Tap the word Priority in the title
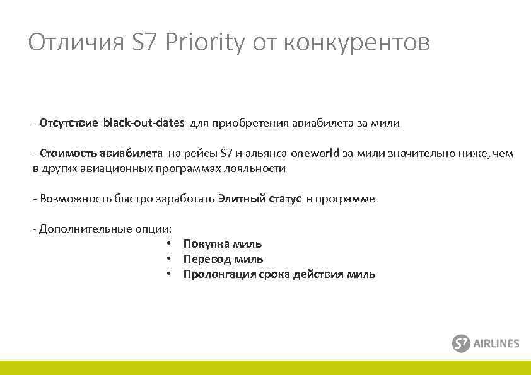(203, 43)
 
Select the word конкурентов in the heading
(357, 43)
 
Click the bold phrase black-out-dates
(144, 123)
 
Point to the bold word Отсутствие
(68, 123)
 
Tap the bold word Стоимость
(65, 153)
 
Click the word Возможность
(75, 199)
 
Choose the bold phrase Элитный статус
(260, 199)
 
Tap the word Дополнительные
(86, 229)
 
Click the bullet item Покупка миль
(223, 244)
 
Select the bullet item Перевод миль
(223, 259)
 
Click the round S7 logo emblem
(462, 343)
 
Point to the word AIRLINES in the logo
(497, 343)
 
